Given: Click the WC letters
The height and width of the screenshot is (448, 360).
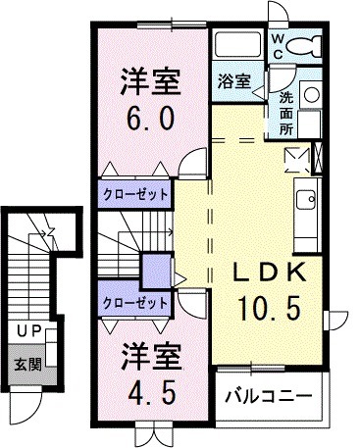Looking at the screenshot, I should [279, 45].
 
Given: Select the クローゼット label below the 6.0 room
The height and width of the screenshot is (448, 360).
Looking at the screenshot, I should [136, 193].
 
